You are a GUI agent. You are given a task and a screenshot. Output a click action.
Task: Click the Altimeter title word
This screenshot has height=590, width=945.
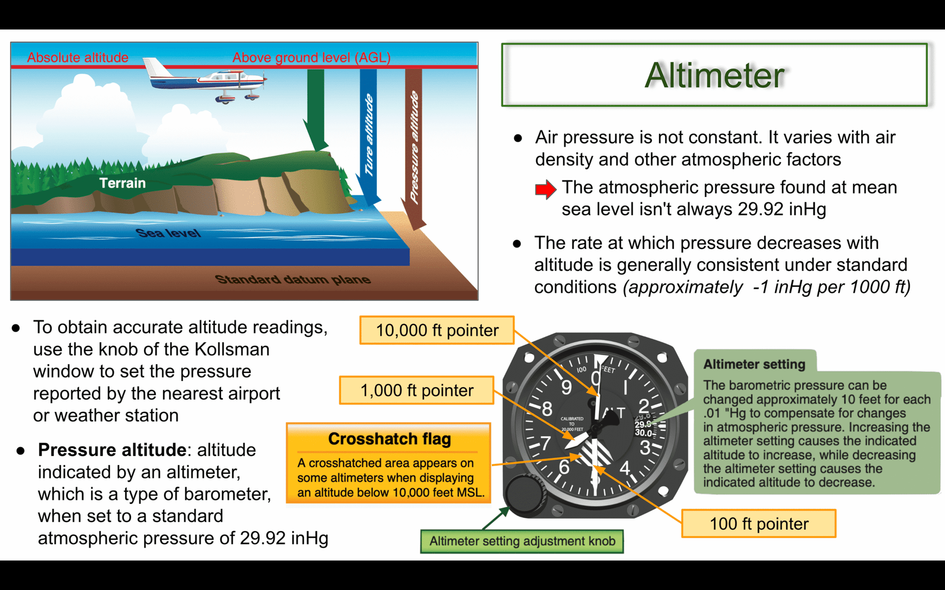[x=714, y=76]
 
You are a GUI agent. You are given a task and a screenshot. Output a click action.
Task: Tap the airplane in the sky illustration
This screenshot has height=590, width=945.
[x=205, y=80]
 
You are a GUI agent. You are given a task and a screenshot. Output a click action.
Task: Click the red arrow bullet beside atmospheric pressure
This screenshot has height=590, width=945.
[x=546, y=189]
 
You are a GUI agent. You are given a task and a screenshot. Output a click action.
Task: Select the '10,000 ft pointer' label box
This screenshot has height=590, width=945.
[x=436, y=330]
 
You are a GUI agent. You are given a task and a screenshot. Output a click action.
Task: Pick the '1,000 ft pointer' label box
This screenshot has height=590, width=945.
[x=416, y=390]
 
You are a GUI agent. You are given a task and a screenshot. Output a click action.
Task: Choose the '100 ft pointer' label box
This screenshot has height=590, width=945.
[x=758, y=523]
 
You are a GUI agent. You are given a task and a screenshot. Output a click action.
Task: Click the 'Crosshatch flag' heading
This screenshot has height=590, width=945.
[x=389, y=439]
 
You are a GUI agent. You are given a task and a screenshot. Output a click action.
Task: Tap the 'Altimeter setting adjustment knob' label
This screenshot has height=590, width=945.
[x=522, y=541]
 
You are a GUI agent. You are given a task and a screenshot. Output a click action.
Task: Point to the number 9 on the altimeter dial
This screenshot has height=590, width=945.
[x=566, y=387]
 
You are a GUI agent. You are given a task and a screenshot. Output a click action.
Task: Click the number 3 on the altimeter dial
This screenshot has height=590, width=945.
[x=644, y=448]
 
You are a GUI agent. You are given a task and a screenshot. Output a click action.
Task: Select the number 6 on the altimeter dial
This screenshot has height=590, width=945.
[x=564, y=467]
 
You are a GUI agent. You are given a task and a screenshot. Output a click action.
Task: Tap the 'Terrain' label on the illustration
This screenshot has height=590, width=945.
[x=122, y=183]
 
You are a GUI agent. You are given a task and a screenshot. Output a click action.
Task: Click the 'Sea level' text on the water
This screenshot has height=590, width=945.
[x=168, y=232]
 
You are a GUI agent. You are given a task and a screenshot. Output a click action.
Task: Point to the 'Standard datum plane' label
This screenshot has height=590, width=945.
[x=293, y=279]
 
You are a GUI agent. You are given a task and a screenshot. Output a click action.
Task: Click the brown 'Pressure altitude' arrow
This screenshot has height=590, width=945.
[x=414, y=150]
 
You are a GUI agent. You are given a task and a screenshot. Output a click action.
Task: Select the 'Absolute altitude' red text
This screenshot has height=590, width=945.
[x=77, y=57]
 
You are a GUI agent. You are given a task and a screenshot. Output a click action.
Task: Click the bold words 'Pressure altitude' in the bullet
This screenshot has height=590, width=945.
[x=112, y=450]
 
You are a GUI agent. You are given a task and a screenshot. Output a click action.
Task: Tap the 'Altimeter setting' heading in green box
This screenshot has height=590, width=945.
[x=754, y=364]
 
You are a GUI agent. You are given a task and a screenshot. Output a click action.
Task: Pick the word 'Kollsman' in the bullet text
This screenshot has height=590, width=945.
[x=232, y=349]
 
